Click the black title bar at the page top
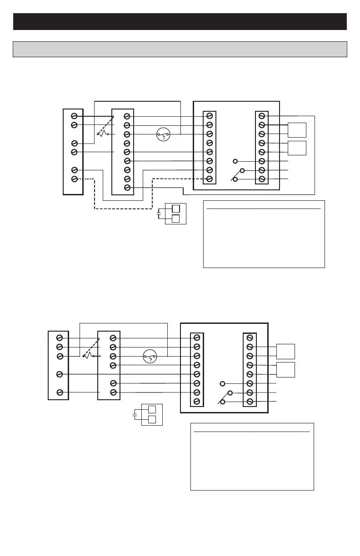pyautogui.click(x=180, y=21)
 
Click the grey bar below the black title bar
pyautogui.click(x=180, y=49)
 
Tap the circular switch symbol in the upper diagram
pyautogui.click(x=163, y=134)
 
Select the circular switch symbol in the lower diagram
pyautogui.click(x=150, y=357)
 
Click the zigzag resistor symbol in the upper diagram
pyautogui.click(x=103, y=134)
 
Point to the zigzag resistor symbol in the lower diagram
pyautogui.click(x=89, y=356)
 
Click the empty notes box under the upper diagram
pyautogui.click(x=264, y=234)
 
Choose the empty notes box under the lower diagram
pyautogui.click(x=252, y=457)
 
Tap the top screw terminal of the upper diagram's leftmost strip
pyautogui.click(x=74, y=116)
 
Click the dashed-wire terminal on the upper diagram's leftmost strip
pyautogui.click(x=74, y=179)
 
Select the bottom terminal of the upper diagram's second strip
pyautogui.click(x=127, y=188)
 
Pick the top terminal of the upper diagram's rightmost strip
pyautogui.click(x=262, y=116)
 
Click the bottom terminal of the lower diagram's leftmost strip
pyautogui.click(x=59, y=392)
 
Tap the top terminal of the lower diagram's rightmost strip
pyautogui.click(x=250, y=338)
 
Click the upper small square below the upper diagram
pyautogui.click(x=175, y=209)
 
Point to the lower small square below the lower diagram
pyautogui.click(x=152, y=420)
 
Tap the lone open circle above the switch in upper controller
pyautogui.click(x=235, y=161)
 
